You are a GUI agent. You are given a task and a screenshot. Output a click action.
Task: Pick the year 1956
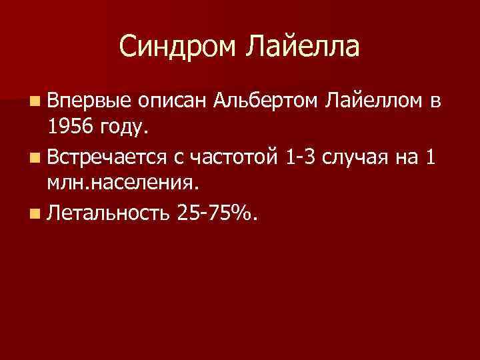pyautogui.click(x=69, y=125)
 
